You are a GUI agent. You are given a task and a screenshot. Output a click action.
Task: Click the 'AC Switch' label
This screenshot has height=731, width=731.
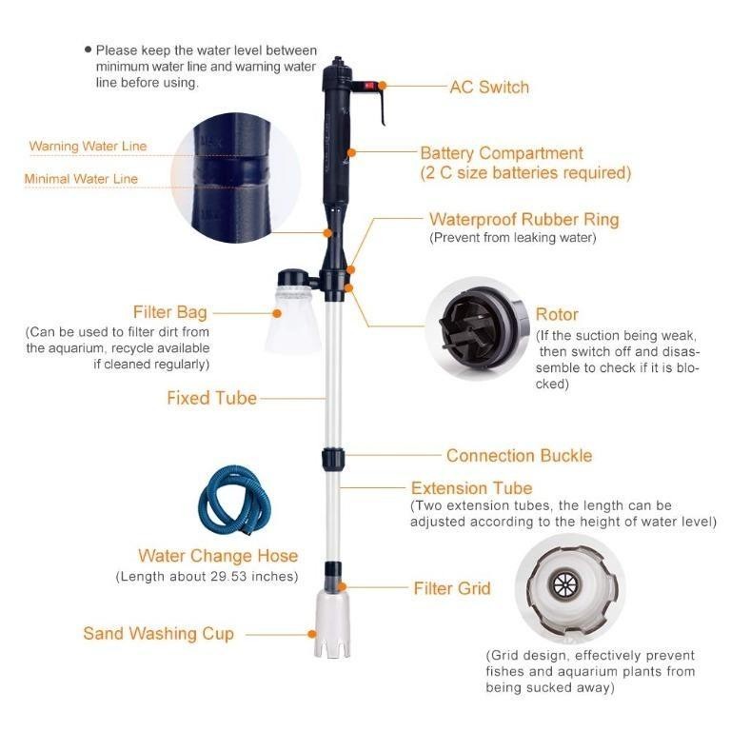pos(488,87)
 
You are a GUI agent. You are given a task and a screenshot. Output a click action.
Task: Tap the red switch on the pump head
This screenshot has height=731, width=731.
pos(368,85)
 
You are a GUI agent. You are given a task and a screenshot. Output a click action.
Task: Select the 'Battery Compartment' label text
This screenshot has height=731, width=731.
pos(501,153)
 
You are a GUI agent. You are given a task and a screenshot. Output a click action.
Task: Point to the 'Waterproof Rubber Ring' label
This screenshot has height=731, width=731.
pos(524,220)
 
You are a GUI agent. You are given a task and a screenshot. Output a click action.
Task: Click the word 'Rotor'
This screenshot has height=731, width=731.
pos(557,314)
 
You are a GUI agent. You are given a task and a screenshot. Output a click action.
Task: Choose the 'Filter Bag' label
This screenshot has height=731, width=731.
pos(170,312)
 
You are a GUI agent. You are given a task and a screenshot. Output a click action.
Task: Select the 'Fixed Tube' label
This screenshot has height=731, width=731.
pos(211,398)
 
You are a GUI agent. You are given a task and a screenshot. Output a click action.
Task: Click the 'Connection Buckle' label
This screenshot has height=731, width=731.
pos(519,456)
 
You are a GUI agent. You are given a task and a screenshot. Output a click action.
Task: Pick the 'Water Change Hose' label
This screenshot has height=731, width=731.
pos(218,556)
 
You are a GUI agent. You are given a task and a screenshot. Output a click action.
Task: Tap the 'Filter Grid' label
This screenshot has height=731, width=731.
pos(451,588)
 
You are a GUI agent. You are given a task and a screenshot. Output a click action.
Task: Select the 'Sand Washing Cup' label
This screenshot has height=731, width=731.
pos(158,634)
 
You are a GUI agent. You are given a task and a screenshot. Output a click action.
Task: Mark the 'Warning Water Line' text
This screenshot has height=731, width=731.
pos(88,147)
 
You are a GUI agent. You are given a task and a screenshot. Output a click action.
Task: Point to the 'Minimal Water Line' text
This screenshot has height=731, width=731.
pos(81,179)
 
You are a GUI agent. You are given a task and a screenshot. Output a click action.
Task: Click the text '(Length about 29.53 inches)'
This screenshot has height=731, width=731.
pos(207,577)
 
